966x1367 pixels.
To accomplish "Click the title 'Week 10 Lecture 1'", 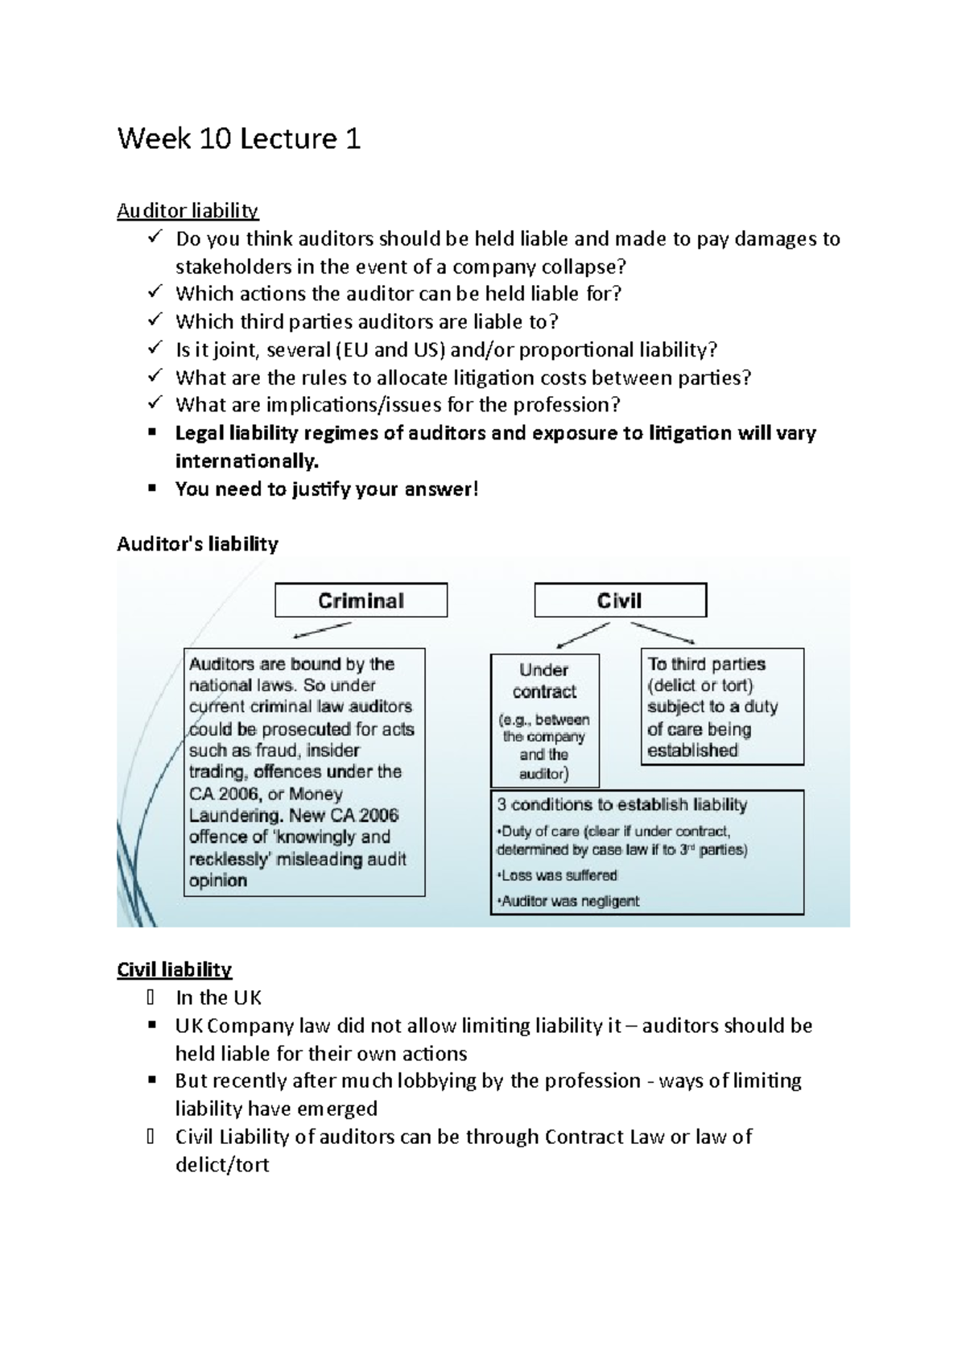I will coord(238,138).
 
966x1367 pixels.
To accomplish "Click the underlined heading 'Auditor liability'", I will coord(188,211).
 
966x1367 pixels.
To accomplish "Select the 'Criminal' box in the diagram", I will coord(361,601).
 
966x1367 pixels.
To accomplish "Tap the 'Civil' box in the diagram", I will coord(620,601).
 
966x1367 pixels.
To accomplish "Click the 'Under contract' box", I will coord(545,680).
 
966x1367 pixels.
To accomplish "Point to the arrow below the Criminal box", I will coord(322,630).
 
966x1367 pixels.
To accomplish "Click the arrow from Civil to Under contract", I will coord(584,634).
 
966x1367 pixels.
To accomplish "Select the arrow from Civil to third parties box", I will coord(663,633).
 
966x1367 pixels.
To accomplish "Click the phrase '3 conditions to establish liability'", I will coord(621,804).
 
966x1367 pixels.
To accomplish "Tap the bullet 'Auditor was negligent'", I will coord(570,901).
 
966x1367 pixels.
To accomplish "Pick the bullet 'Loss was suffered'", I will coord(559,875).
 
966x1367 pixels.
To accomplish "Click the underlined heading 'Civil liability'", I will coord(174,969).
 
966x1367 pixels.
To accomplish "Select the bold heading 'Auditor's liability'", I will coord(197,544).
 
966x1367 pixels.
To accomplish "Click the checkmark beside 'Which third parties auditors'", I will coord(155,320).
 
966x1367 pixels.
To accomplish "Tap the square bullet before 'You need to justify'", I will coord(151,488).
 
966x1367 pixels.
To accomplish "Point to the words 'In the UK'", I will coord(218,997).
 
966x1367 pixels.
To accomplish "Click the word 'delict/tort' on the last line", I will coord(222,1165).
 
